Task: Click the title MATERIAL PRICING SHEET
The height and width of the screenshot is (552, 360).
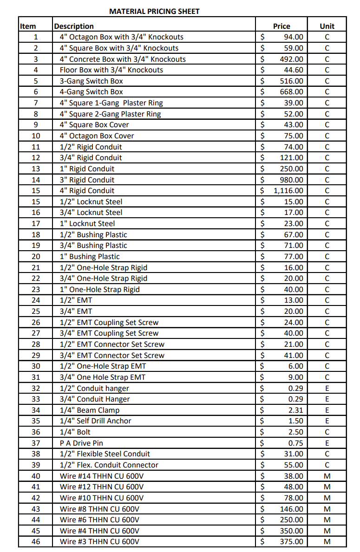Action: [154, 11]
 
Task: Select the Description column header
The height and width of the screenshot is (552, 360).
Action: [74, 26]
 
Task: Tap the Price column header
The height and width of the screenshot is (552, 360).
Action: [281, 26]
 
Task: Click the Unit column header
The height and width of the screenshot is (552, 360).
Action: [327, 26]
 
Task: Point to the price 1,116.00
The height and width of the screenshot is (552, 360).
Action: [288, 191]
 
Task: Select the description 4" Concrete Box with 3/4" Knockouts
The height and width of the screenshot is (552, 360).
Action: [123, 59]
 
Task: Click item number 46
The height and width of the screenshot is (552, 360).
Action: [36, 542]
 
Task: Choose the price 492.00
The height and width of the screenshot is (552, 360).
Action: [291, 59]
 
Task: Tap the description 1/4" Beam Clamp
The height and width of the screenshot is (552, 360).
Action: [90, 410]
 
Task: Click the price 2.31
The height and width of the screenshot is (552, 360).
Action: [295, 410]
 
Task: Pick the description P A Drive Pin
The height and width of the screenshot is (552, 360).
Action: [81, 443]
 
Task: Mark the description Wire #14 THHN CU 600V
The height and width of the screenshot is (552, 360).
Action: [102, 476]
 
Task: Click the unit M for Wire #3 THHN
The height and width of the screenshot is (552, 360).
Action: [327, 542]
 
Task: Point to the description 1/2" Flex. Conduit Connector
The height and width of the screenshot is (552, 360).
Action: [109, 465]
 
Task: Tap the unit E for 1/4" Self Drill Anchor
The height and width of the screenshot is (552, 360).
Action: [327, 421]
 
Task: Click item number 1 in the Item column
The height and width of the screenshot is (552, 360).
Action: [36, 37]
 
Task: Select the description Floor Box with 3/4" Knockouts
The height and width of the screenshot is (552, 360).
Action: [111, 70]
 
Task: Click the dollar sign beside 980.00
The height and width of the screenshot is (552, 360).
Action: [263, 180]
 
